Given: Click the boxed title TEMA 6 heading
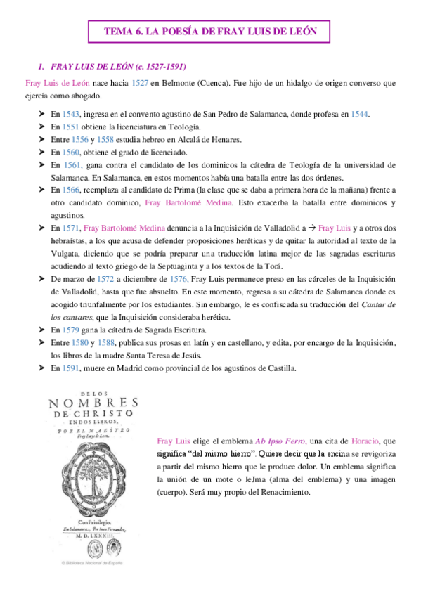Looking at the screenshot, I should pos(211,32).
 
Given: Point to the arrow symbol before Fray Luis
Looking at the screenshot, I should pos(309,228).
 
